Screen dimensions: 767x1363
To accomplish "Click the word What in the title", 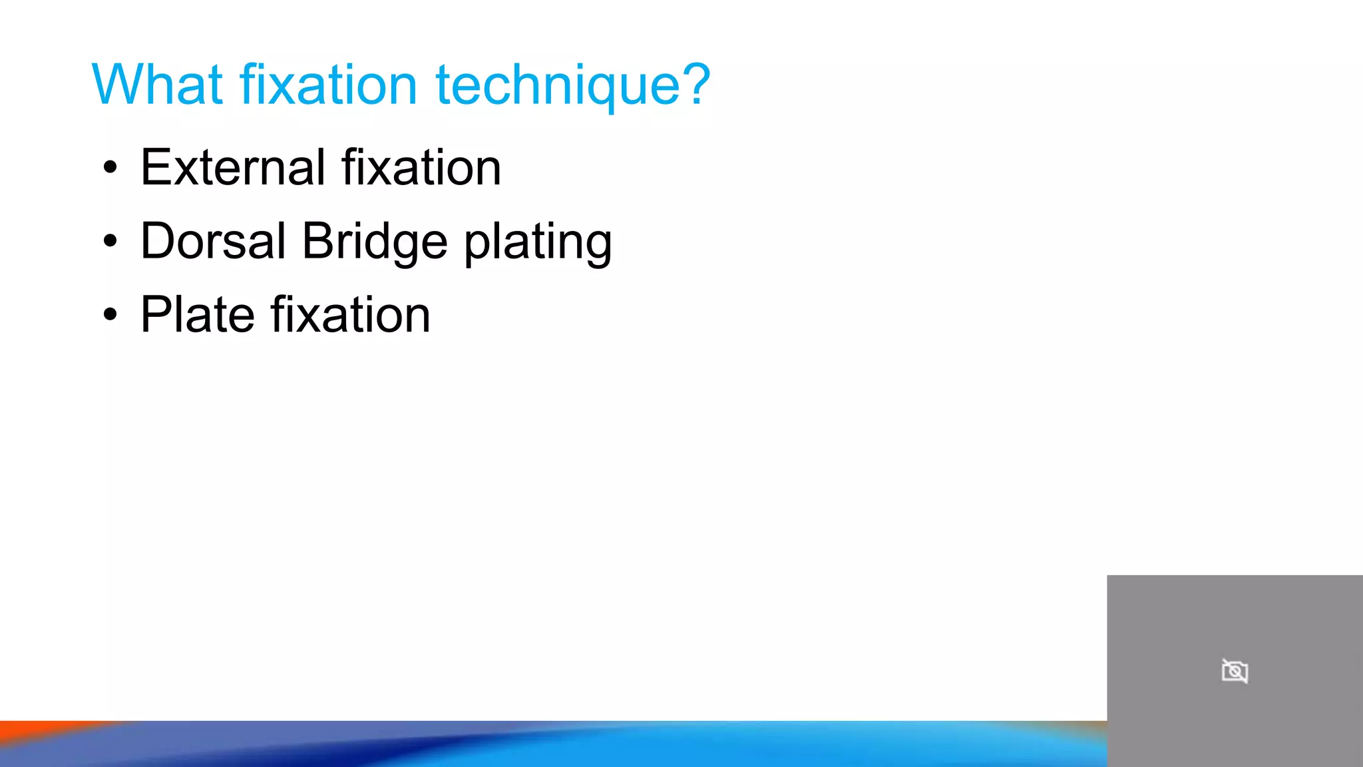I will [157, 85].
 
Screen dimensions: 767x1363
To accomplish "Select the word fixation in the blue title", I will [328, 85].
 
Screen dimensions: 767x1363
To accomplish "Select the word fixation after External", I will [421, 167].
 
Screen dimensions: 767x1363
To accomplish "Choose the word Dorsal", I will [213, 241].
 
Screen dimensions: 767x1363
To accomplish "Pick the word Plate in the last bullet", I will [198, 315].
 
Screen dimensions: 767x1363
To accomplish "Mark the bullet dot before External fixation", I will [110, 168].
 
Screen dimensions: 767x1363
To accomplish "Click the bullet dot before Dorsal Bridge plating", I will [110, 242].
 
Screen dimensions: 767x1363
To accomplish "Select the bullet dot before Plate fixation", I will [110, 315].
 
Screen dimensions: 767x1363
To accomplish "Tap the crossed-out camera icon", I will [1235, 671].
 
